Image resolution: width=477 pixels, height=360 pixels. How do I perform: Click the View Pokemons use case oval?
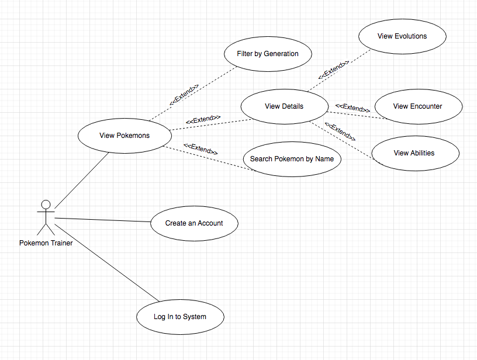(x=125, y=136)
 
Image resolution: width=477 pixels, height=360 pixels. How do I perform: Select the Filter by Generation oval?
(x=268, y=54)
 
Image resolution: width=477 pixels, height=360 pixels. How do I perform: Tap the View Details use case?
(x=284, y=106)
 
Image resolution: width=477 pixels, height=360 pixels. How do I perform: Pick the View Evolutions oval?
(x=402, y=36)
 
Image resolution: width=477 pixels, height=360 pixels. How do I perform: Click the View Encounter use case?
(x=418, y=106)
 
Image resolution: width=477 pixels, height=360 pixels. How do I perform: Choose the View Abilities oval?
(x=414, y=153)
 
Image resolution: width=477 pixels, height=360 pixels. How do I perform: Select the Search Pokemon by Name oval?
(x=292, y=159)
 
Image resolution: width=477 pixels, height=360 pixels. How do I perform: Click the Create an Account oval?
(x=194, y=223)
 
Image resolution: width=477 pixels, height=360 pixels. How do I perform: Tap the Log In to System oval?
(x=180, y=317)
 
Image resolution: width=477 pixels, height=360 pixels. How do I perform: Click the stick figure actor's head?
(x=46, y=205)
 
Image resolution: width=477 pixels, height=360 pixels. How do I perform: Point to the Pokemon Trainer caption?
(x=46, y=243)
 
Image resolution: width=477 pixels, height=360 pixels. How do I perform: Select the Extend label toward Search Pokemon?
(x=201, y=149)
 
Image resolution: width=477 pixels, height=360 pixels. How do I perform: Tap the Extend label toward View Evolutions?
(x=334, y=70)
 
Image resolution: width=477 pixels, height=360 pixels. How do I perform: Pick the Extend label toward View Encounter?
(x=352, y=108)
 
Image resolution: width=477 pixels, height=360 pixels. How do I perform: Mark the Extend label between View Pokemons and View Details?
(x=203, y=119)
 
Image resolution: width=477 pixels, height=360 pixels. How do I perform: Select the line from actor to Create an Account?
(x=102, y=220)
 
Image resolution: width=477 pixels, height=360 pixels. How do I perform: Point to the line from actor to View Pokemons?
(x=82, y=180)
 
